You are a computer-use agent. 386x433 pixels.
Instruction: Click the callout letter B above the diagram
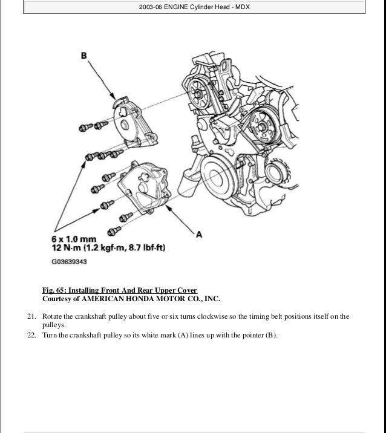(85, 56)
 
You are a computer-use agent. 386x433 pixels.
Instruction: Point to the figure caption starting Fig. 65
(119, 290)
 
